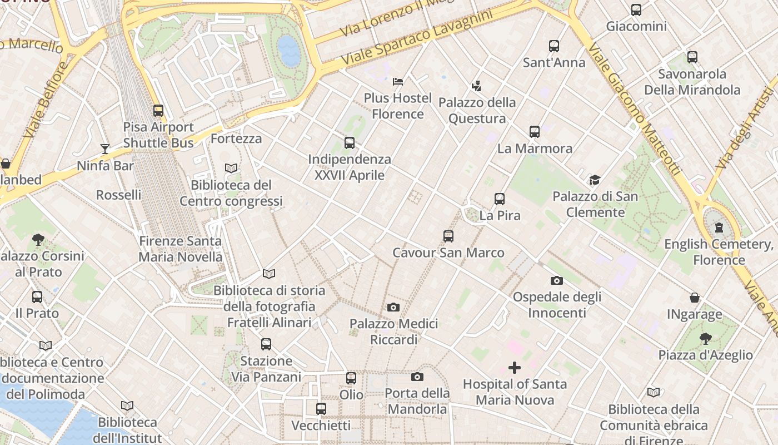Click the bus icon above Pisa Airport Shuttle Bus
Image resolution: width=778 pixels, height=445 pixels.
pyautogui.click(x=158, y=111)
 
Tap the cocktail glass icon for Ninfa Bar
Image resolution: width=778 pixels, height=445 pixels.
pyautogui.click(x=105, y=149)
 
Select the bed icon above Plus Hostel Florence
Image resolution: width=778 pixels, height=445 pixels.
pyautogui.click(x=398, y=82)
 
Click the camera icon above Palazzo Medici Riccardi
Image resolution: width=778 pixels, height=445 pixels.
pyautogui.click(x=393, y=307)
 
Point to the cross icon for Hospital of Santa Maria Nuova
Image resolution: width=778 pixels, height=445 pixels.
pyautogui.click(x=515, y=368)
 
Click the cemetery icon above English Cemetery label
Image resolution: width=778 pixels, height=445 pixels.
pyautogui.click(x=719, y=228)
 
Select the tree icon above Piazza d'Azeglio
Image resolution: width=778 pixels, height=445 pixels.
pyautogui.click(x=705, y=338)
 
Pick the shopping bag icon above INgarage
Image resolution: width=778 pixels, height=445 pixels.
pyautogui.click(x=695, y=298)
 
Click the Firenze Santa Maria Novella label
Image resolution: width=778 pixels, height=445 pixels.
pyautogui.click(x=180, y=249)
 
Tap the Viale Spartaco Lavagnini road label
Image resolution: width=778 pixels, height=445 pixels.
pyautogui.click(x=417, y=37)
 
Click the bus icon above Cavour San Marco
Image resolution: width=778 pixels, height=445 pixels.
pyautogui.click(x=448, y=236)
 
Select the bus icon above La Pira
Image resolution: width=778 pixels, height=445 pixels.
pyautogui.click(x=500, y=199)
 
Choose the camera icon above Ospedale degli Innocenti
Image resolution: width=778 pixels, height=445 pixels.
pyautogui.click(x=557, y=281)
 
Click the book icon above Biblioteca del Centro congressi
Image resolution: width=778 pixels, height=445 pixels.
pyautogui.click(x=231, y=168)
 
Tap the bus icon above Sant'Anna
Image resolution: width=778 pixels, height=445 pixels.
pyautogui.click(x=554, y=46)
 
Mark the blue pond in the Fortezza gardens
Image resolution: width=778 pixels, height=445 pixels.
pyautogui.click(x=288, y=51)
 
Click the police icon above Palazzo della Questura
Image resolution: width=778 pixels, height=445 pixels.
pyautogui.click(x=476, y=86)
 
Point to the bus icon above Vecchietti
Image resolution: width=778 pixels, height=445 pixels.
pyautogui.click(x=321, y=409)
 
